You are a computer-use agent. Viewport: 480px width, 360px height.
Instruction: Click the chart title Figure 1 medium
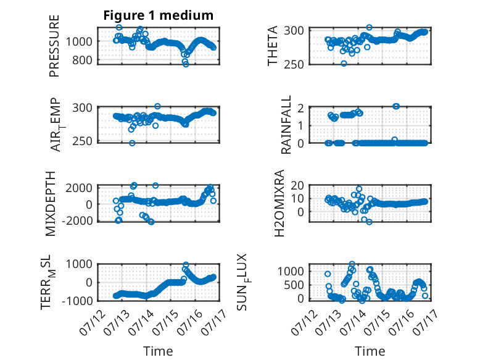[x=159, y=15]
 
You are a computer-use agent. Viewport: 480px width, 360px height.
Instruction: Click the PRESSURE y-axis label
[x=54, y=46]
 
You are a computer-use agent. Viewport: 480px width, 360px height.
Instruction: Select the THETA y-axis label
[x=272, y=46]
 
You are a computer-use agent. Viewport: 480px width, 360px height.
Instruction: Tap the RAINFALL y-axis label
[x=286, y=125]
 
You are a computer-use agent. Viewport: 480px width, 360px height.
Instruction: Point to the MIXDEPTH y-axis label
[x=50, y=204]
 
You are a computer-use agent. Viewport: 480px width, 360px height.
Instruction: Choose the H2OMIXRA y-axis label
[x=279, y=203]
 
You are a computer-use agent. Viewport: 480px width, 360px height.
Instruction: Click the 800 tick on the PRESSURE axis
[x=82, y=61]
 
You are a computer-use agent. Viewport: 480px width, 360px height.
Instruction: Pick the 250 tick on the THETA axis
[x=294, y=65]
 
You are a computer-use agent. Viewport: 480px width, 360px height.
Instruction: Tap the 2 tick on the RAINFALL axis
[x=300, y=108]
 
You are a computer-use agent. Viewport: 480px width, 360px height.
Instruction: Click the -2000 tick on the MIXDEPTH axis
[x=77, y=220]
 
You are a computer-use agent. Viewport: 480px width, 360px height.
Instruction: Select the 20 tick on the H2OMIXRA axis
[x=297, y=185]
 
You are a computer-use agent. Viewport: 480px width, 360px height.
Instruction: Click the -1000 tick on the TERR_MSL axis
[x=77, y=301]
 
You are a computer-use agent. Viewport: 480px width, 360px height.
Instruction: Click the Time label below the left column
[x=159, y=351]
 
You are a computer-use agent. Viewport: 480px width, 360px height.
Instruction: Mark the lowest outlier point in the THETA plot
[x=344, y=64]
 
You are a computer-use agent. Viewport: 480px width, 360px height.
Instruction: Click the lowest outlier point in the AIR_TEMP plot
[x=132, y=143]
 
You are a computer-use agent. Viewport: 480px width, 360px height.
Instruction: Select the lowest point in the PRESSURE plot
[x=186, y=64]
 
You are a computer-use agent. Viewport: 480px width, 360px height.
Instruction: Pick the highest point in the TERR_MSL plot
[x=186, y=264]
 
